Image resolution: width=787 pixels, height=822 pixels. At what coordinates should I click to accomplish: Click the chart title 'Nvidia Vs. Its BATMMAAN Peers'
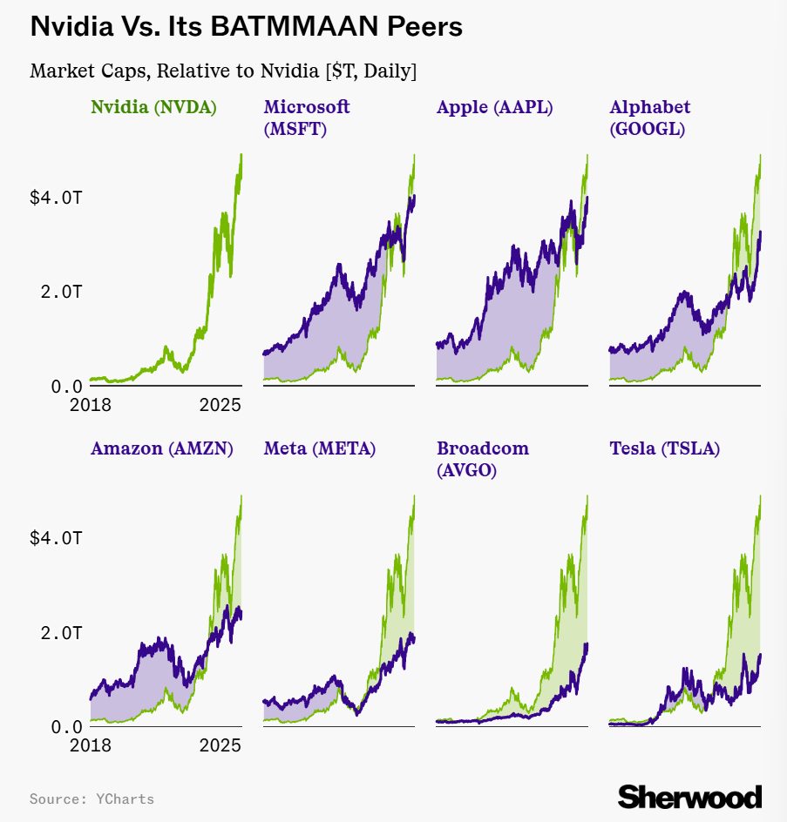click(246, 27)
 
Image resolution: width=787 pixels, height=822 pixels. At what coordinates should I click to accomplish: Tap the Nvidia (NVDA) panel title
click(153, 107)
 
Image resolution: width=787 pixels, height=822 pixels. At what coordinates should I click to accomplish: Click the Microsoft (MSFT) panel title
click(307, 118)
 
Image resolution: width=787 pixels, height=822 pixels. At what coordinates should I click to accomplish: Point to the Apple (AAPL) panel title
click(495, 107)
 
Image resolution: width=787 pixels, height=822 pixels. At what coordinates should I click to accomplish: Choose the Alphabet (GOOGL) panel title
click(650, 118)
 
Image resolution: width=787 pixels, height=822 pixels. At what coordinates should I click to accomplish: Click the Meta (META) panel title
click(320, 448)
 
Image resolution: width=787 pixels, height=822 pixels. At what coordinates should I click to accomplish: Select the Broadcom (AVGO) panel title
click(483, 459)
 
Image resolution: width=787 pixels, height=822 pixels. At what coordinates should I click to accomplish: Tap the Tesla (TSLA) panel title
click(664, 448)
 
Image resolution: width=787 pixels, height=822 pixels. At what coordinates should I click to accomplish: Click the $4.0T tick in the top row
click(56, 198)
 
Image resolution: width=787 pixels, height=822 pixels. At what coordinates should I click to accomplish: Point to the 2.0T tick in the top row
click(61, 292)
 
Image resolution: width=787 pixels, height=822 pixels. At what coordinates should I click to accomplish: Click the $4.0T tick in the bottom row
click(56, 538)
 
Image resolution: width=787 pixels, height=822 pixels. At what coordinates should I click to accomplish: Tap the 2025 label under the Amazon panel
click(220, 745)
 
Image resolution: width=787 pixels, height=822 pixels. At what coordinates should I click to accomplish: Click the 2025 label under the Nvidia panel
click(220, 405)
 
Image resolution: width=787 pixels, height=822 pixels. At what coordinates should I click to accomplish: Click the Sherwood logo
click(689, 796)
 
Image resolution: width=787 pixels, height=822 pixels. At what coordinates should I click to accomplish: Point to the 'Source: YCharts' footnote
click(92, 798)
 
